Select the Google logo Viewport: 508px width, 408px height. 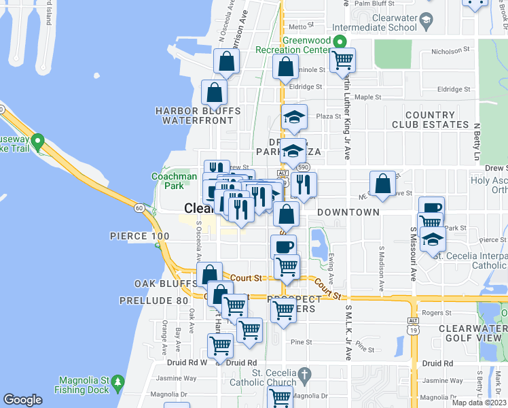pos(22,400)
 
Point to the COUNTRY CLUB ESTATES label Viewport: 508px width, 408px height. pos(430,120)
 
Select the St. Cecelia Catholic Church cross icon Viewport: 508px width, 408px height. pos(305,374)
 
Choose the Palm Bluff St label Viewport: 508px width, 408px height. pos(371,3)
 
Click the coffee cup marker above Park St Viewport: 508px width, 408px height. pos(431,207)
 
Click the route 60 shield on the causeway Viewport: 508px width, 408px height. pos(139,207)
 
